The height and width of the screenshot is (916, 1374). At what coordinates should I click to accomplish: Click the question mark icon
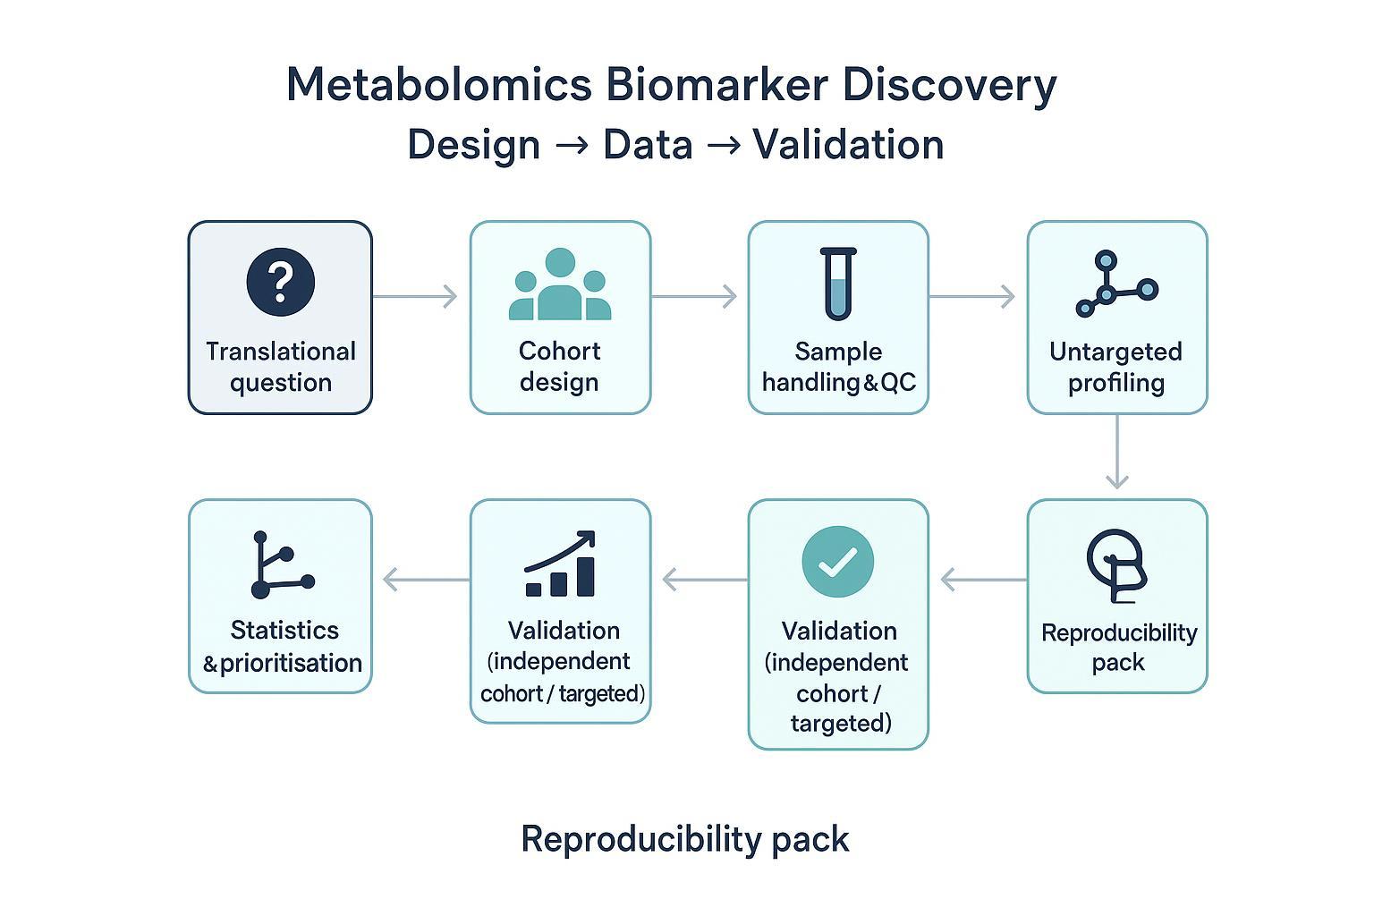280,282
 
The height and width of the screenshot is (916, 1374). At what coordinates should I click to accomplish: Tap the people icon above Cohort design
560,285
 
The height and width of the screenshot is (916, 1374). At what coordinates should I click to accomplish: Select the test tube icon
838,284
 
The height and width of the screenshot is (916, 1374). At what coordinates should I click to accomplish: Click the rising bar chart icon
561,564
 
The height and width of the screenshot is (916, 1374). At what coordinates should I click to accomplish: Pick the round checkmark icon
838,561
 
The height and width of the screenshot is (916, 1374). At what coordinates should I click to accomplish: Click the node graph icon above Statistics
281,565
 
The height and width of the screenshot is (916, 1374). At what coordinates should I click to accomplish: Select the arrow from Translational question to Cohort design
415,296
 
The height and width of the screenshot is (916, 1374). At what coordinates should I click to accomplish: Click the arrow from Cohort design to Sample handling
694,296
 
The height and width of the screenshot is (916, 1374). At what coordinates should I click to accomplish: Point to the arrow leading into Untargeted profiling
972,296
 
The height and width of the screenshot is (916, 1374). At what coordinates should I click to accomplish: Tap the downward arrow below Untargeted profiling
1116,454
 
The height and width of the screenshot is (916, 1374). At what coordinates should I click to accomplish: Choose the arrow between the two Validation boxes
704,580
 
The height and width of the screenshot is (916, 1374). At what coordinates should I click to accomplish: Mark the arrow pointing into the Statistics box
425,580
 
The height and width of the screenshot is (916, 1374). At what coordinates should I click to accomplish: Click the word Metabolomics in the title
438,85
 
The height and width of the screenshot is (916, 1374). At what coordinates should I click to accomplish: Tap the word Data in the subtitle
648,145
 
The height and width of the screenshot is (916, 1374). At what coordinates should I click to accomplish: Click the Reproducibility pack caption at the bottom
685,839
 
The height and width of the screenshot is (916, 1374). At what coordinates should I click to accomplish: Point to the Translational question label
281,367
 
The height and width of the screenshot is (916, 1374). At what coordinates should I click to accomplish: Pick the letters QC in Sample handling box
898,383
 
